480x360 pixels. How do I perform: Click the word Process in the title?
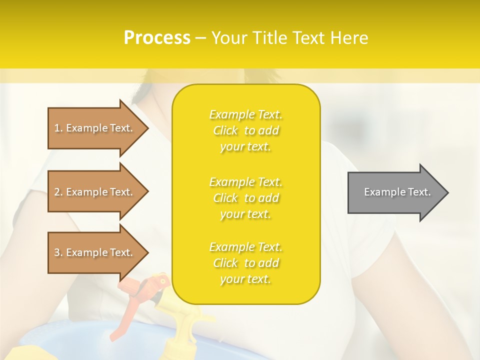tap(157, 38)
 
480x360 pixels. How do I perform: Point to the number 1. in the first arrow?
tap(58, 128)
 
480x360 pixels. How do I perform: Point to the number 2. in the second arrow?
tap(58, 192)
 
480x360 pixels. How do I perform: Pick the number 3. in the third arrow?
tap(58, 252)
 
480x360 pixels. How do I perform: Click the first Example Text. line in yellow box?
tap(245, 114)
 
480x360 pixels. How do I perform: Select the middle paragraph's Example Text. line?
tap(245, 182)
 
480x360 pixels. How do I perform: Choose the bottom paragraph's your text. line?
tap(245, 279)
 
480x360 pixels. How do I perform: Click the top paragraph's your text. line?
tap(245, 147)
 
